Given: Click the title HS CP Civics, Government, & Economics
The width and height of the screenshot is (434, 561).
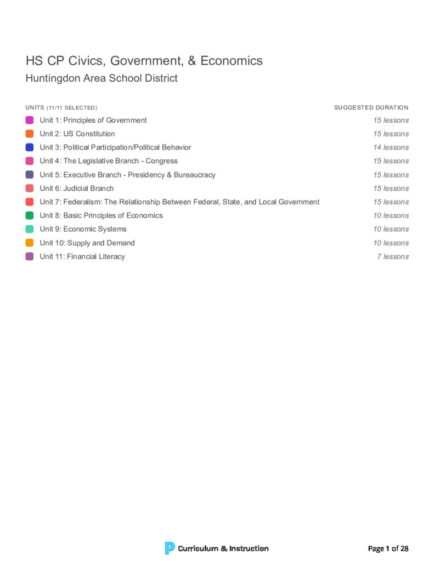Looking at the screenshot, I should [144, 61].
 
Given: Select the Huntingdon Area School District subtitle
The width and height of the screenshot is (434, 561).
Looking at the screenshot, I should [102, 78].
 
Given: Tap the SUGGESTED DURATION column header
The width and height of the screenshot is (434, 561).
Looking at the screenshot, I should [371, 107].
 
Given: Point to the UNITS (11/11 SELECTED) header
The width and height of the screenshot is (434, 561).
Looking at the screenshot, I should [61, 107].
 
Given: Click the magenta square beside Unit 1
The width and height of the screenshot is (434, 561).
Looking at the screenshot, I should [30, 120].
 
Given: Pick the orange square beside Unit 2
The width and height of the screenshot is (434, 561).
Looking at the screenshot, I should [30, 134].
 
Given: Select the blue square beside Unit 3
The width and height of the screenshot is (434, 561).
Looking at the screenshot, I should [30, 147].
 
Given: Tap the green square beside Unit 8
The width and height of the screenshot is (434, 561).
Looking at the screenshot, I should [30, 215].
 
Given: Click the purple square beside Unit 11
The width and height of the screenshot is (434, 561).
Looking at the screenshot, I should [30, 256].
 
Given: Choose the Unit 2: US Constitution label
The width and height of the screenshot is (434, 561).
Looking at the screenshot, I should [77, 134].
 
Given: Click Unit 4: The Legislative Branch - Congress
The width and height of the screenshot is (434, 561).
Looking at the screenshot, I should [109, 161].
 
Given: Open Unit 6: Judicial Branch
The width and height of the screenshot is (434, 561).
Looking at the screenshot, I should [77, 188].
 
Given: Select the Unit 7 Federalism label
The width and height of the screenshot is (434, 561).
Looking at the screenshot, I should [179, 202].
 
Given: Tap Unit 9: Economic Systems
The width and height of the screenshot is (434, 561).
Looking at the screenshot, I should [83, 229].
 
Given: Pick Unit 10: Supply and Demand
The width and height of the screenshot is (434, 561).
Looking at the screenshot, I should [87, 243].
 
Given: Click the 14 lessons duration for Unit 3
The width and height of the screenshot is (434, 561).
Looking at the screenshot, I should [391, 147].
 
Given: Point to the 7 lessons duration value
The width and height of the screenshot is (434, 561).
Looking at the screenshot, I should [392, 256].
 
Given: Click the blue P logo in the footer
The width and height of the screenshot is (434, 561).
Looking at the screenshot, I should [170, 548].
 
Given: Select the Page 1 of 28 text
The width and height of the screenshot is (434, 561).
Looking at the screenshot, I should [388, 548].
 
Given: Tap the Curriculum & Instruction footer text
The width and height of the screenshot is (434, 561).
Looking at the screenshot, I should [223, 548].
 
